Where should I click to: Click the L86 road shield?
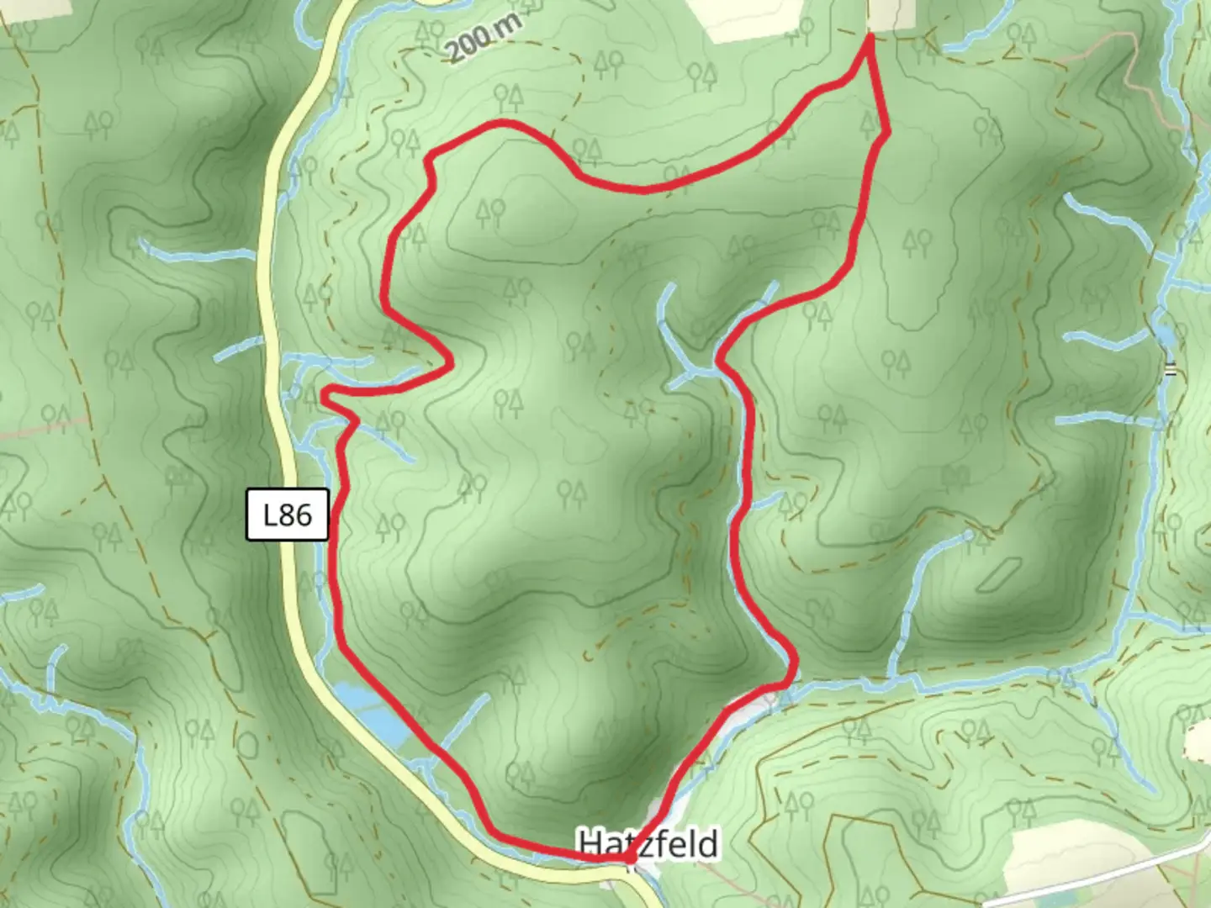pyautogui.click(x=288, y=515)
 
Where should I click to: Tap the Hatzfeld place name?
pyautogui.click(x=648, y=842)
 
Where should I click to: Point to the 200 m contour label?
pyautogui.click(x=483, y=38)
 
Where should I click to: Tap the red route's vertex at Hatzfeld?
pyautogui.click(x=629, y=858)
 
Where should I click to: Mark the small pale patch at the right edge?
pyautogui.click(x=1198, y=740)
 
